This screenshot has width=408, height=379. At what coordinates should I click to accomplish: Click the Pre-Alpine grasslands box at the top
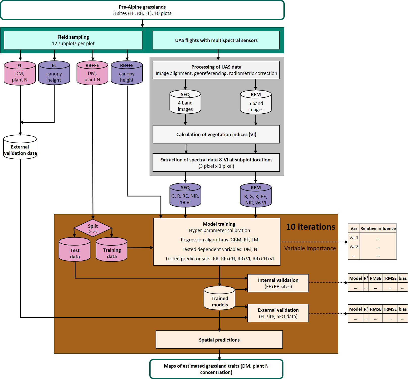pyautogui.click(x=142, y=10)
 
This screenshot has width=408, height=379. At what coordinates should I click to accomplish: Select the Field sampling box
pyautogui.click(x=73, y=40)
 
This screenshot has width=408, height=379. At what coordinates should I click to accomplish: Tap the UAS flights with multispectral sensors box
pyautogui.click(x=216, y=40)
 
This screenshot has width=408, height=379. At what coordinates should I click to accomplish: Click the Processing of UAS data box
pyautogui.click(x=216, y=70)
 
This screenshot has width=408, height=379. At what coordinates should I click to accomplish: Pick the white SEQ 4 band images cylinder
pyautogui.click(x=185, y=102)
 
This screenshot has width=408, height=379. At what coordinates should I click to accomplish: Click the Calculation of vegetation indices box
pyautogui.click(x=216, y=134)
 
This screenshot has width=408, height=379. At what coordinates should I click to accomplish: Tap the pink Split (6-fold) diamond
pyautogui.click(x=93, y=228)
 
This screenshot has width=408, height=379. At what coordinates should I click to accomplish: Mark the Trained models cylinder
pyautogui.click(x=220, y=298)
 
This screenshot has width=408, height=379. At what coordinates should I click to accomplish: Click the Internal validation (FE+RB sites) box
pyautogui.click(x=278, y=283)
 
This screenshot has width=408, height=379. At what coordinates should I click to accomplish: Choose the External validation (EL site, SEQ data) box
pyautogui.click(x=278, y=313)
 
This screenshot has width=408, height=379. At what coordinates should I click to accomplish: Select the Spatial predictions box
pyautogui.click(x=219, y=340)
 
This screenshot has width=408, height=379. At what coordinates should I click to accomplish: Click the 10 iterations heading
pyautogui.click(x=310, y=227)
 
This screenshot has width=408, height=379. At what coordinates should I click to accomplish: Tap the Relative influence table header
pyautogui.click(x=378, y=228)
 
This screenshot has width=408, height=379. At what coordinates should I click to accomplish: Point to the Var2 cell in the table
pyautogui.click(x=354, y=246)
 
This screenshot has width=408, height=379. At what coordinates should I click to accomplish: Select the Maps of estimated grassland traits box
pyautogui.click(x=216, y=369)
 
